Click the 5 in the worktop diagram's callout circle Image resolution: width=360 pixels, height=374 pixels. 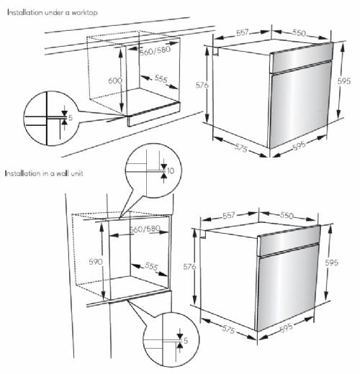70,117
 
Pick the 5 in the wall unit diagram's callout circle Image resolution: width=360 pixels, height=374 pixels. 186,339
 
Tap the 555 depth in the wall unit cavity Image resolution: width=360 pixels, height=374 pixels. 151,266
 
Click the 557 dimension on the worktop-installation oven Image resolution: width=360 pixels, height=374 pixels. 243,33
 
